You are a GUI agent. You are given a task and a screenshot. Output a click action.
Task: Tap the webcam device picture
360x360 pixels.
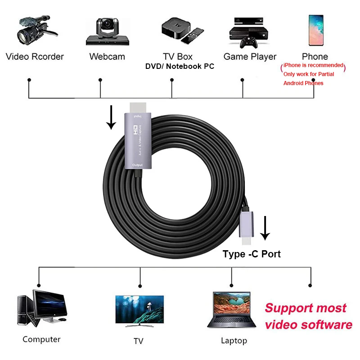[107, 31]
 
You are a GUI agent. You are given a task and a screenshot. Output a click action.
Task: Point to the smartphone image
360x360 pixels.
[315, 31]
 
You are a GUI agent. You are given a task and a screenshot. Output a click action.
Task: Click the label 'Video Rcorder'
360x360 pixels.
[35, 57]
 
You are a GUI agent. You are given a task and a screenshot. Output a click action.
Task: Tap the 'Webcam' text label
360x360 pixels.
[107, 57]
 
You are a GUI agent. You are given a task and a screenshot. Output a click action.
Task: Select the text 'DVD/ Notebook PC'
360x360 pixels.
[180, 66]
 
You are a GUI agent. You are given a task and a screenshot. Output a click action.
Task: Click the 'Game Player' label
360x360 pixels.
[250, 57]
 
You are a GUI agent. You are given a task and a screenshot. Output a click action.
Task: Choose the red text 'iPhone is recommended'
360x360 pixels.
[313, 66]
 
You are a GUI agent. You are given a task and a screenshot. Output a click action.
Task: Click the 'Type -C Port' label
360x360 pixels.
[252, 254]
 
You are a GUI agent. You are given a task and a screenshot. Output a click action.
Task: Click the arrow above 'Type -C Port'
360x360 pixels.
[265, 227]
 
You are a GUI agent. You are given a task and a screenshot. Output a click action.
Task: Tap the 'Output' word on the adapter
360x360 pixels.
[138, 165]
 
